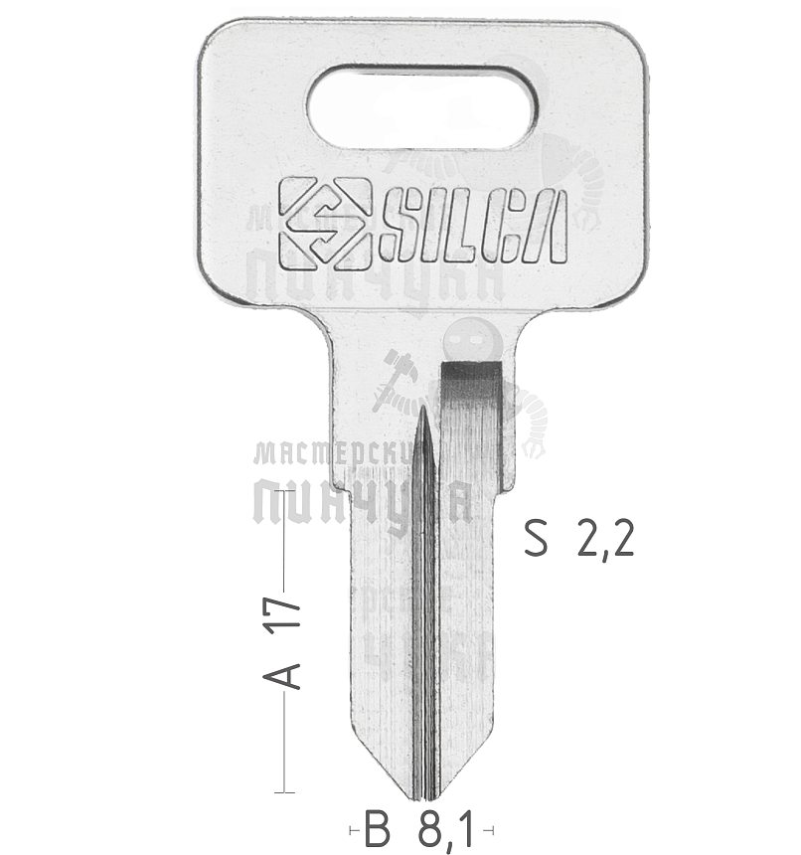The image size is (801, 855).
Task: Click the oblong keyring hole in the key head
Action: point(421,106)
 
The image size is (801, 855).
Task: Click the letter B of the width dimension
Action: point(377,828)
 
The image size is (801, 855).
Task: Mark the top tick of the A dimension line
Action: point(285,490)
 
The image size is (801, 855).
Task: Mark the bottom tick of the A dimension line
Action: point(285,792)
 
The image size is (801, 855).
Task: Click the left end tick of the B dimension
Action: point(351,828)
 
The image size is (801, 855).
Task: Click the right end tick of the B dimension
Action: point(493,828)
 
